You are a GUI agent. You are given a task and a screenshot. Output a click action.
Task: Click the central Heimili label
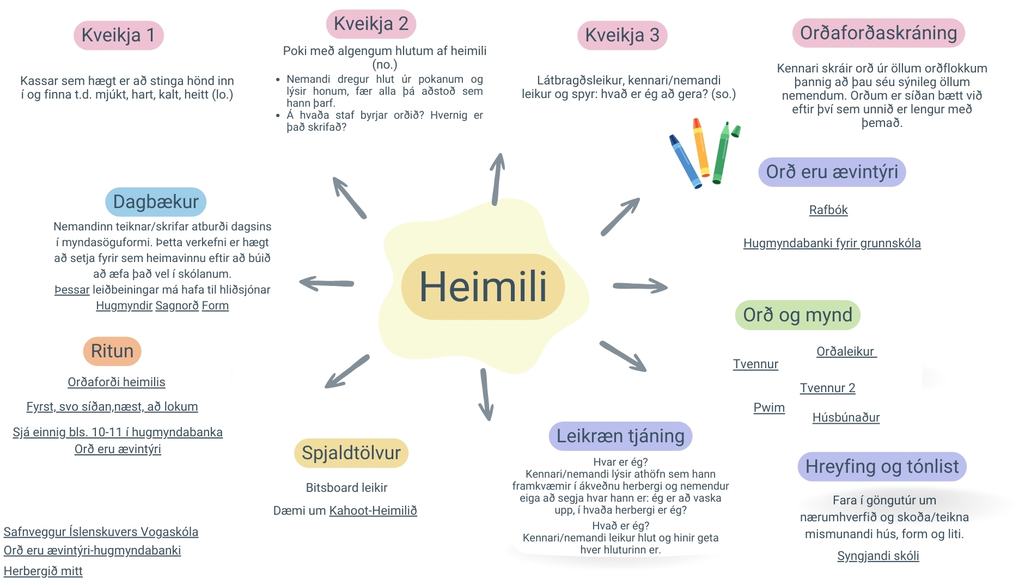[x=483, y=287]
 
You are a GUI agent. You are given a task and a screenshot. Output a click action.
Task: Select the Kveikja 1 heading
[x=118, y=35]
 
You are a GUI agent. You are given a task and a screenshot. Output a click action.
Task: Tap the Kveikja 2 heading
[x=371, y=24]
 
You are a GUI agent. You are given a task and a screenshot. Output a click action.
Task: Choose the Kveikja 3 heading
[x=622, y=35]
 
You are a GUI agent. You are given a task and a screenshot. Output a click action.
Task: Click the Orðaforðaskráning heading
[x=878, y=33]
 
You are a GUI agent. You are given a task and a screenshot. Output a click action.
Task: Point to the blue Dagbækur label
[x=156, y=202]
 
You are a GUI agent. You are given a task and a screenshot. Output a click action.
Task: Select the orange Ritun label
[x=112, y=351]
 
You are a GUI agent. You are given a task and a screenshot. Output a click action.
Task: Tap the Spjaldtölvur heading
[x=351, y=453]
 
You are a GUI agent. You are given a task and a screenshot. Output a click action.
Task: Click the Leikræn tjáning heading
[x=620, y=436]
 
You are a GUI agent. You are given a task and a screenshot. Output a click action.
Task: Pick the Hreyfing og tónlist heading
[x=882, y=467]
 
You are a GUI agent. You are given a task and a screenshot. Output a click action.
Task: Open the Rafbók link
[x=828, y=210]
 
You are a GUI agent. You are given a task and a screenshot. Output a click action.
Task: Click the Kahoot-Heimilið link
[x=373, y=511]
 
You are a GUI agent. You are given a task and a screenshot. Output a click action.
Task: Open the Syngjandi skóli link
[x=878, y=556]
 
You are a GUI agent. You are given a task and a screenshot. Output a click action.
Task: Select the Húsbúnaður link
[x=846, y=418]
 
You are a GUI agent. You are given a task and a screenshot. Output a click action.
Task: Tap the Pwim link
[x=769, y=408]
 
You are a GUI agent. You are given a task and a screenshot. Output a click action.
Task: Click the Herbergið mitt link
[x=43, y=571]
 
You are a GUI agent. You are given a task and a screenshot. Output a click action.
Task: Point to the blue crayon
[x=685, y=161]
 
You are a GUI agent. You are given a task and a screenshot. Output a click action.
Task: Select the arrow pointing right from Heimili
[x=640, y=286]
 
